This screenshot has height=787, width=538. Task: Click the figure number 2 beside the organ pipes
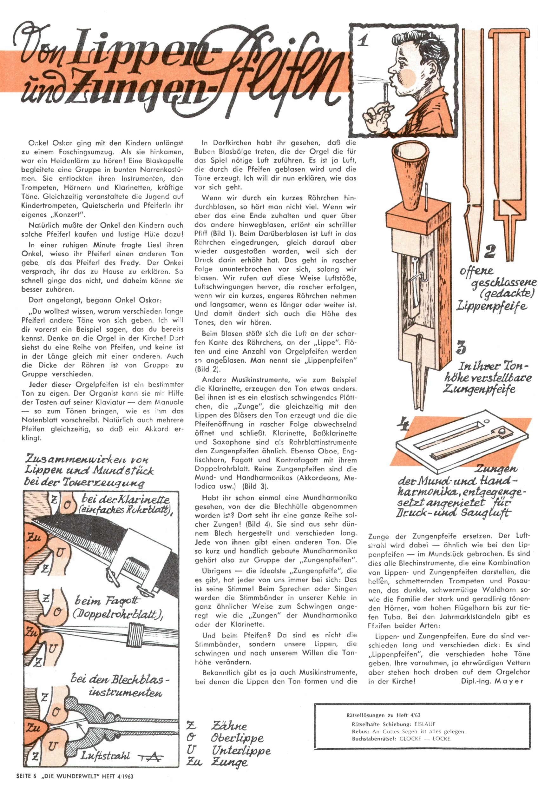pyautogui.click(x=490, y=251)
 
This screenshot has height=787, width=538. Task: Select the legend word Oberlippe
pyautogui.click(x=237, y=738)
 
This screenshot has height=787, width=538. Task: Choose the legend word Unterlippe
pyautogui.click(x=241, y=751)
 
